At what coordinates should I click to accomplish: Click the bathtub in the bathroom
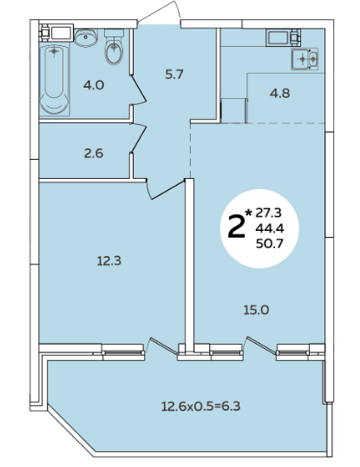click(x=55, y=80)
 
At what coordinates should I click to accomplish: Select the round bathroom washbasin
click(x=86, y=37)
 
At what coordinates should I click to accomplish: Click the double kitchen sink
click(x=305, y=59)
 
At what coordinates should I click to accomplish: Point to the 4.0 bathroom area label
click(x=94, y=85)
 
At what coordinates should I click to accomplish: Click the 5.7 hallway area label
click(x=174, y=74)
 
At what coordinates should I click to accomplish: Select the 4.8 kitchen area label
click(x=279, y=94)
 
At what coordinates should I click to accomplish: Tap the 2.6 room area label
click(x=94, y=154)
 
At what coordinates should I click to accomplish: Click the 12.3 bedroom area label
click(x=109, y=261)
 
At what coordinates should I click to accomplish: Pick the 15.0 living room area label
click(x=256, y=311)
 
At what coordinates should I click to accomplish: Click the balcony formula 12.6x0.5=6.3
click(x=200, y=406)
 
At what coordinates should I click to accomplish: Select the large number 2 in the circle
click(x=237, y=227)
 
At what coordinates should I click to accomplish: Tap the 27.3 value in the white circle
click(x=269, y=213)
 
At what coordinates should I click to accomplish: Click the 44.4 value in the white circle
click(x=270, y=228)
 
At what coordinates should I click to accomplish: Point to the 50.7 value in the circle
click(x=270, y=244)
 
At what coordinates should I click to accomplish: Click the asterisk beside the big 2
click(x=248, y=213)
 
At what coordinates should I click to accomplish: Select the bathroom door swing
click(x=138, y=89)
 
